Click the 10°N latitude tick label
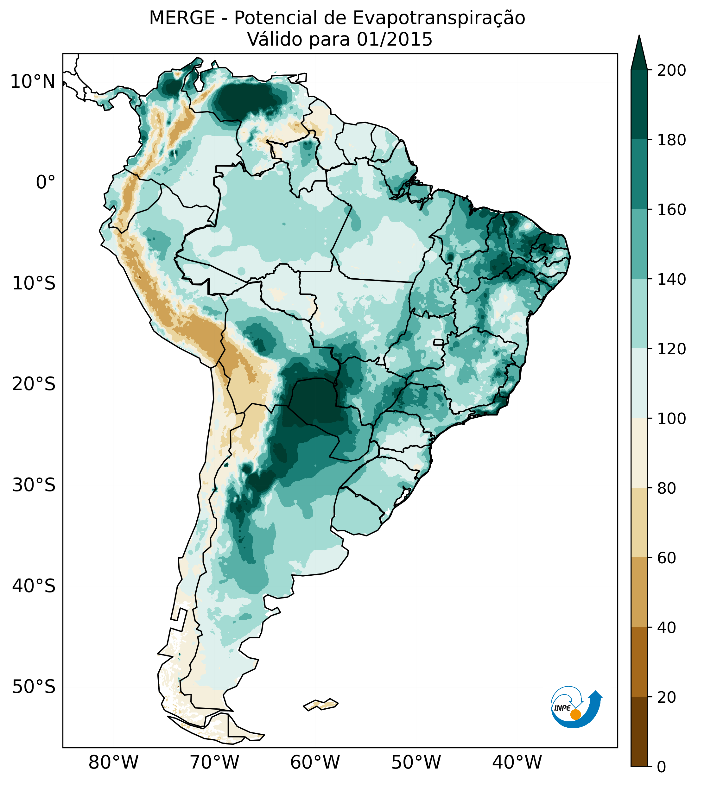(33, 82)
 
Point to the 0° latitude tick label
(45, 182)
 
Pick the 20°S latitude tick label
(34, 385)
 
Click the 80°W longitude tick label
(113, 763)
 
